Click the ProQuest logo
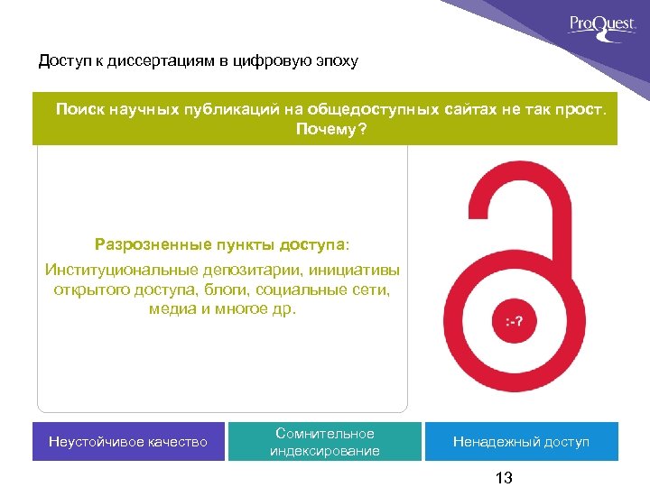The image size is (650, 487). [602, 23]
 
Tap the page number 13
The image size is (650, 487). [504, 478]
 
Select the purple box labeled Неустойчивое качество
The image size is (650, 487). [128, 442]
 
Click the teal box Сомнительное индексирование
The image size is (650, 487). [325, 442]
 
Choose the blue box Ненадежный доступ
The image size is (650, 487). [521, 442]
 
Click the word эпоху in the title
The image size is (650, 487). [336, 61]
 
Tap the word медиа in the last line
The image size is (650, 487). [170, 309]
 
